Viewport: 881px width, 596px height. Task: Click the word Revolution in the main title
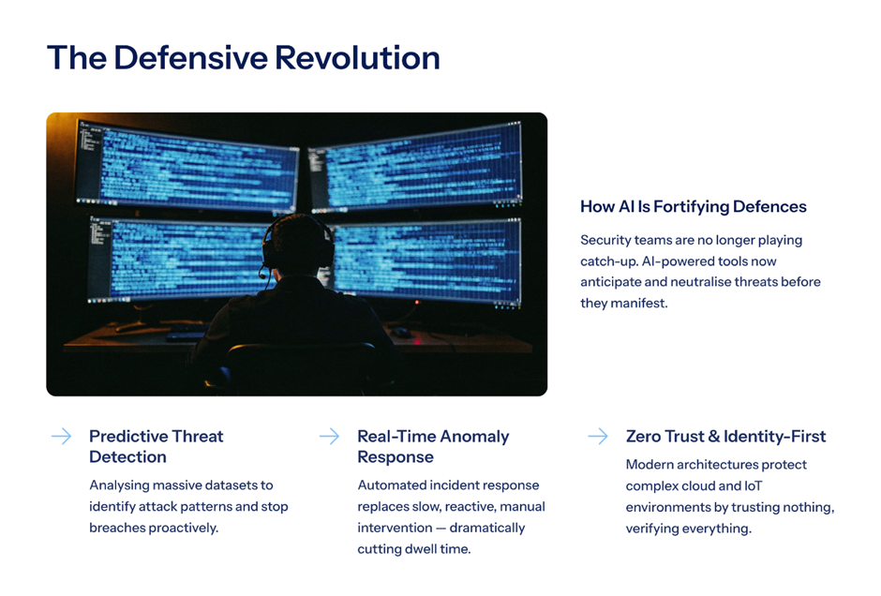(357, 58)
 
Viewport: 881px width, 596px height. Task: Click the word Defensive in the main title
(190, 58)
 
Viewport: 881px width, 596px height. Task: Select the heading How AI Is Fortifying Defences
(694, 207)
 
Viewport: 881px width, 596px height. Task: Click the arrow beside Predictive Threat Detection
(61, 437)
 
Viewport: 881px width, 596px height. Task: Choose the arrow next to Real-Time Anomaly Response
(329, 437)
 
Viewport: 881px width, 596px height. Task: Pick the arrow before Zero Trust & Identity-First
(598, 437)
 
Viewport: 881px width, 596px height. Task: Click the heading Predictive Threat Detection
(157, 447)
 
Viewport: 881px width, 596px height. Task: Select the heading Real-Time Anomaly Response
(433, 447)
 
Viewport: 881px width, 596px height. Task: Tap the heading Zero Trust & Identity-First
(726, 437)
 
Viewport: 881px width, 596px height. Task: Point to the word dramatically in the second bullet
(487, 528)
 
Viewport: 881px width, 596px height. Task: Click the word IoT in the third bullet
(754, 486)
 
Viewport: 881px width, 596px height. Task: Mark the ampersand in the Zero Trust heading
(714, 437)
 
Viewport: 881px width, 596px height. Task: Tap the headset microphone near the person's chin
(262, 276)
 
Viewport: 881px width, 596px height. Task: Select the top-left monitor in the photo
(187, 165)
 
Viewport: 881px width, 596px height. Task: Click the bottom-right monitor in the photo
(426, 261)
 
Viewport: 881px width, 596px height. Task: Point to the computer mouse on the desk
(401, 333)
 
